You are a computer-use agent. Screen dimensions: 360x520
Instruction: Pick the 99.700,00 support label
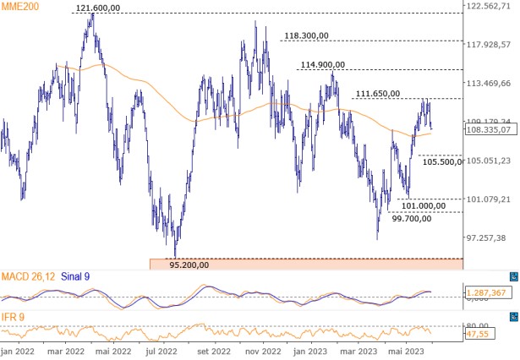419,217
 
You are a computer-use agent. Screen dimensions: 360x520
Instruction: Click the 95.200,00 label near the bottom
189,264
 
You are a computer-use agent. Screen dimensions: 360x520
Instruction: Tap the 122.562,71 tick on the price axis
491,6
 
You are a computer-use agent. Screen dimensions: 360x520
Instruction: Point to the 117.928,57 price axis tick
491,45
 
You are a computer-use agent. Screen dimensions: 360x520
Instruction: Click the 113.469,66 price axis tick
491,84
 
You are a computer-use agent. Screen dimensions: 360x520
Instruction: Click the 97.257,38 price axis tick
491,237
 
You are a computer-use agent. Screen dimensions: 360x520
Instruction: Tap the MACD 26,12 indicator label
28,276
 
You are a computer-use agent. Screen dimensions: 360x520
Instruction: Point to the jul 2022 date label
163,351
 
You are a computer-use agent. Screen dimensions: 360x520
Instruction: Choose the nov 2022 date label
263,351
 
